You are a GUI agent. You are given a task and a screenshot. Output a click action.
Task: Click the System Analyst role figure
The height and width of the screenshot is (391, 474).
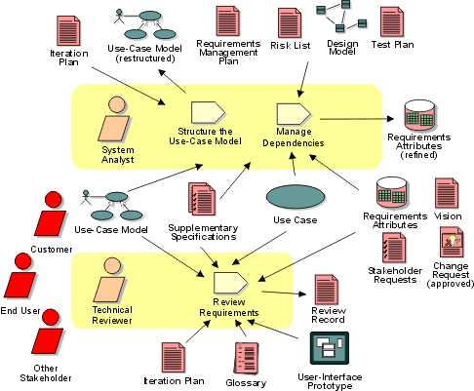pos(114,119)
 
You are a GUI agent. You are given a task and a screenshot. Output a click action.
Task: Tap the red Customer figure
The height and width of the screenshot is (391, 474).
pos(51,214)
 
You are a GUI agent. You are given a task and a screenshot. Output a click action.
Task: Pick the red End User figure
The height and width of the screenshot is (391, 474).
pos(20,276)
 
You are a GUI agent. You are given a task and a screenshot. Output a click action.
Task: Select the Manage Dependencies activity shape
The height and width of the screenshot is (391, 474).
pos(294,114)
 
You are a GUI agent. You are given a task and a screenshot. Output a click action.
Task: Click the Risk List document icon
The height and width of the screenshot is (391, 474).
pos(290,23)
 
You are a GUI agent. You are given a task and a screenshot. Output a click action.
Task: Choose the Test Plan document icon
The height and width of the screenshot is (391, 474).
pos(392,21)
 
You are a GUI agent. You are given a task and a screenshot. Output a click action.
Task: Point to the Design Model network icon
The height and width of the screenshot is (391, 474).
pos(341,17)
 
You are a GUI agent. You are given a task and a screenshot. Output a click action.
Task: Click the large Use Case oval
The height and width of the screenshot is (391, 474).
pos(296,197)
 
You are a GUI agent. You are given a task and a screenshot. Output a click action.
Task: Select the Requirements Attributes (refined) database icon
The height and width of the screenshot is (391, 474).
pos(419,115)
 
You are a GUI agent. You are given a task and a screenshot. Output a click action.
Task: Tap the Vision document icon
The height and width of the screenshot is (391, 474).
pos(447,193)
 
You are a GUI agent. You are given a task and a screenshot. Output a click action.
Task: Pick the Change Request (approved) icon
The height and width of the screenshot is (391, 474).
pos(452,242)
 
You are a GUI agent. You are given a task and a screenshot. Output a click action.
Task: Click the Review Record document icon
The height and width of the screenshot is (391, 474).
pos(327,290)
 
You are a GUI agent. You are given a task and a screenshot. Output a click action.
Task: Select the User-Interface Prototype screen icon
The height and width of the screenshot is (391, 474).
pos(330,348)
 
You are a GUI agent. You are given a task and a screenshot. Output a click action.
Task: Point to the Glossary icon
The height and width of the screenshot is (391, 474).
pos(247,358)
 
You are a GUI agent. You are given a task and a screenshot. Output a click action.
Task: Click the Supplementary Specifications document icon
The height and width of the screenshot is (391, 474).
pos(202,199)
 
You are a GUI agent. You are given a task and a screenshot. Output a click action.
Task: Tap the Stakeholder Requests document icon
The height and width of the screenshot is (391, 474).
pos(394,248)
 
